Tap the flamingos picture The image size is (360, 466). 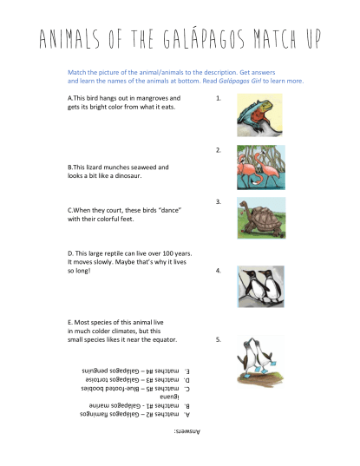(x=260, y=168)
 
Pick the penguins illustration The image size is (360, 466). (x=260, y=286)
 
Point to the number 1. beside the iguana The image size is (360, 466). (x=219, y=99)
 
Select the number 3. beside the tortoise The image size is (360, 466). (x=219, y=201)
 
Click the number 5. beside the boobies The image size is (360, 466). (x=219, y=339)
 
